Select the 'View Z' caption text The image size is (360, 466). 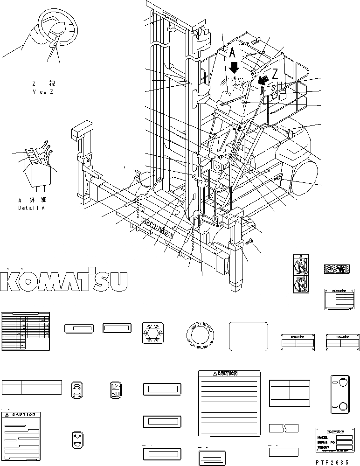[43, 92]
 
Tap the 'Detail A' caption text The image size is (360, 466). [32, 208]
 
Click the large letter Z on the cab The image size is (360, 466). [275, 73]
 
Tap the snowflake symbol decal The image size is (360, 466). [152, 334]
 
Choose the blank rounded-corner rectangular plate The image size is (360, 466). [248, 336]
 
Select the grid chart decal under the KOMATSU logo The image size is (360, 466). [25, 332]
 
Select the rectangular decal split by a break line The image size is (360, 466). [284, 428]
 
